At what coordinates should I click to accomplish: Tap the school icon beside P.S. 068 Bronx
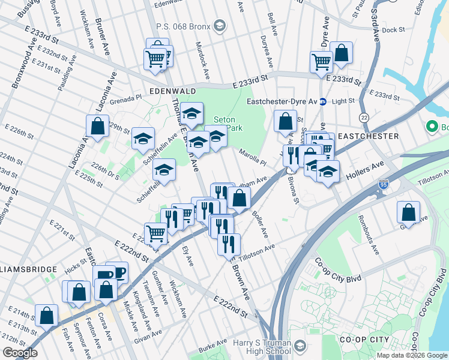(x=220, y=25)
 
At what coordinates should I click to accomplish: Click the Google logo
(x=20, y=352)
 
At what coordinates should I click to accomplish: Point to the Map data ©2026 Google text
(x=411, y=355)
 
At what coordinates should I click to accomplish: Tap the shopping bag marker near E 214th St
(x=46, y=316)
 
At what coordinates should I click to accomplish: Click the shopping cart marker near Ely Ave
(x=155, y=233)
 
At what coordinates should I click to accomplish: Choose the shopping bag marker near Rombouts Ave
(x=408, y=212)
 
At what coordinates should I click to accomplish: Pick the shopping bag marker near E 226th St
(x=97, y=126)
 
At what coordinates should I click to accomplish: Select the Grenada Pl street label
(x=124, y=97)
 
